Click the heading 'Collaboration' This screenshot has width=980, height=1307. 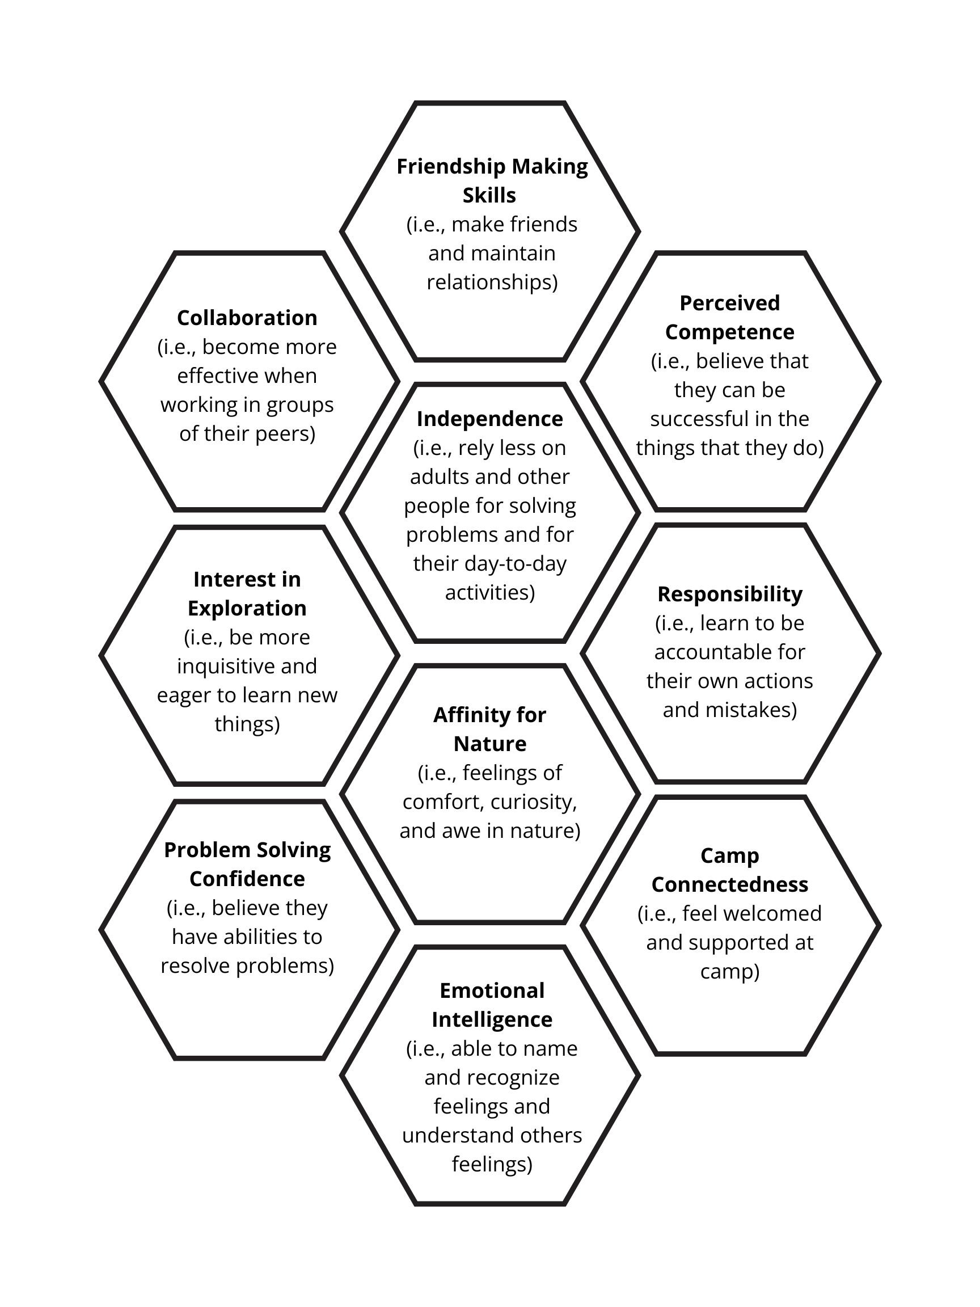247,318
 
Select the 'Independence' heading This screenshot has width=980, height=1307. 489,419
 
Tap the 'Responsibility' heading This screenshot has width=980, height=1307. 729,594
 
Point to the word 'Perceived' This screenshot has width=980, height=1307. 729,303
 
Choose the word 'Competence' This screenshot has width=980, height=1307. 729,332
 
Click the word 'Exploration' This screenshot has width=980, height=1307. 247,608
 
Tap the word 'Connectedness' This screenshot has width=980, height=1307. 729,884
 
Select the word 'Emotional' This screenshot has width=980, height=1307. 492,991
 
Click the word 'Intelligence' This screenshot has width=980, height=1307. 492,1020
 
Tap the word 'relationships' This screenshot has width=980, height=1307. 492,282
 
